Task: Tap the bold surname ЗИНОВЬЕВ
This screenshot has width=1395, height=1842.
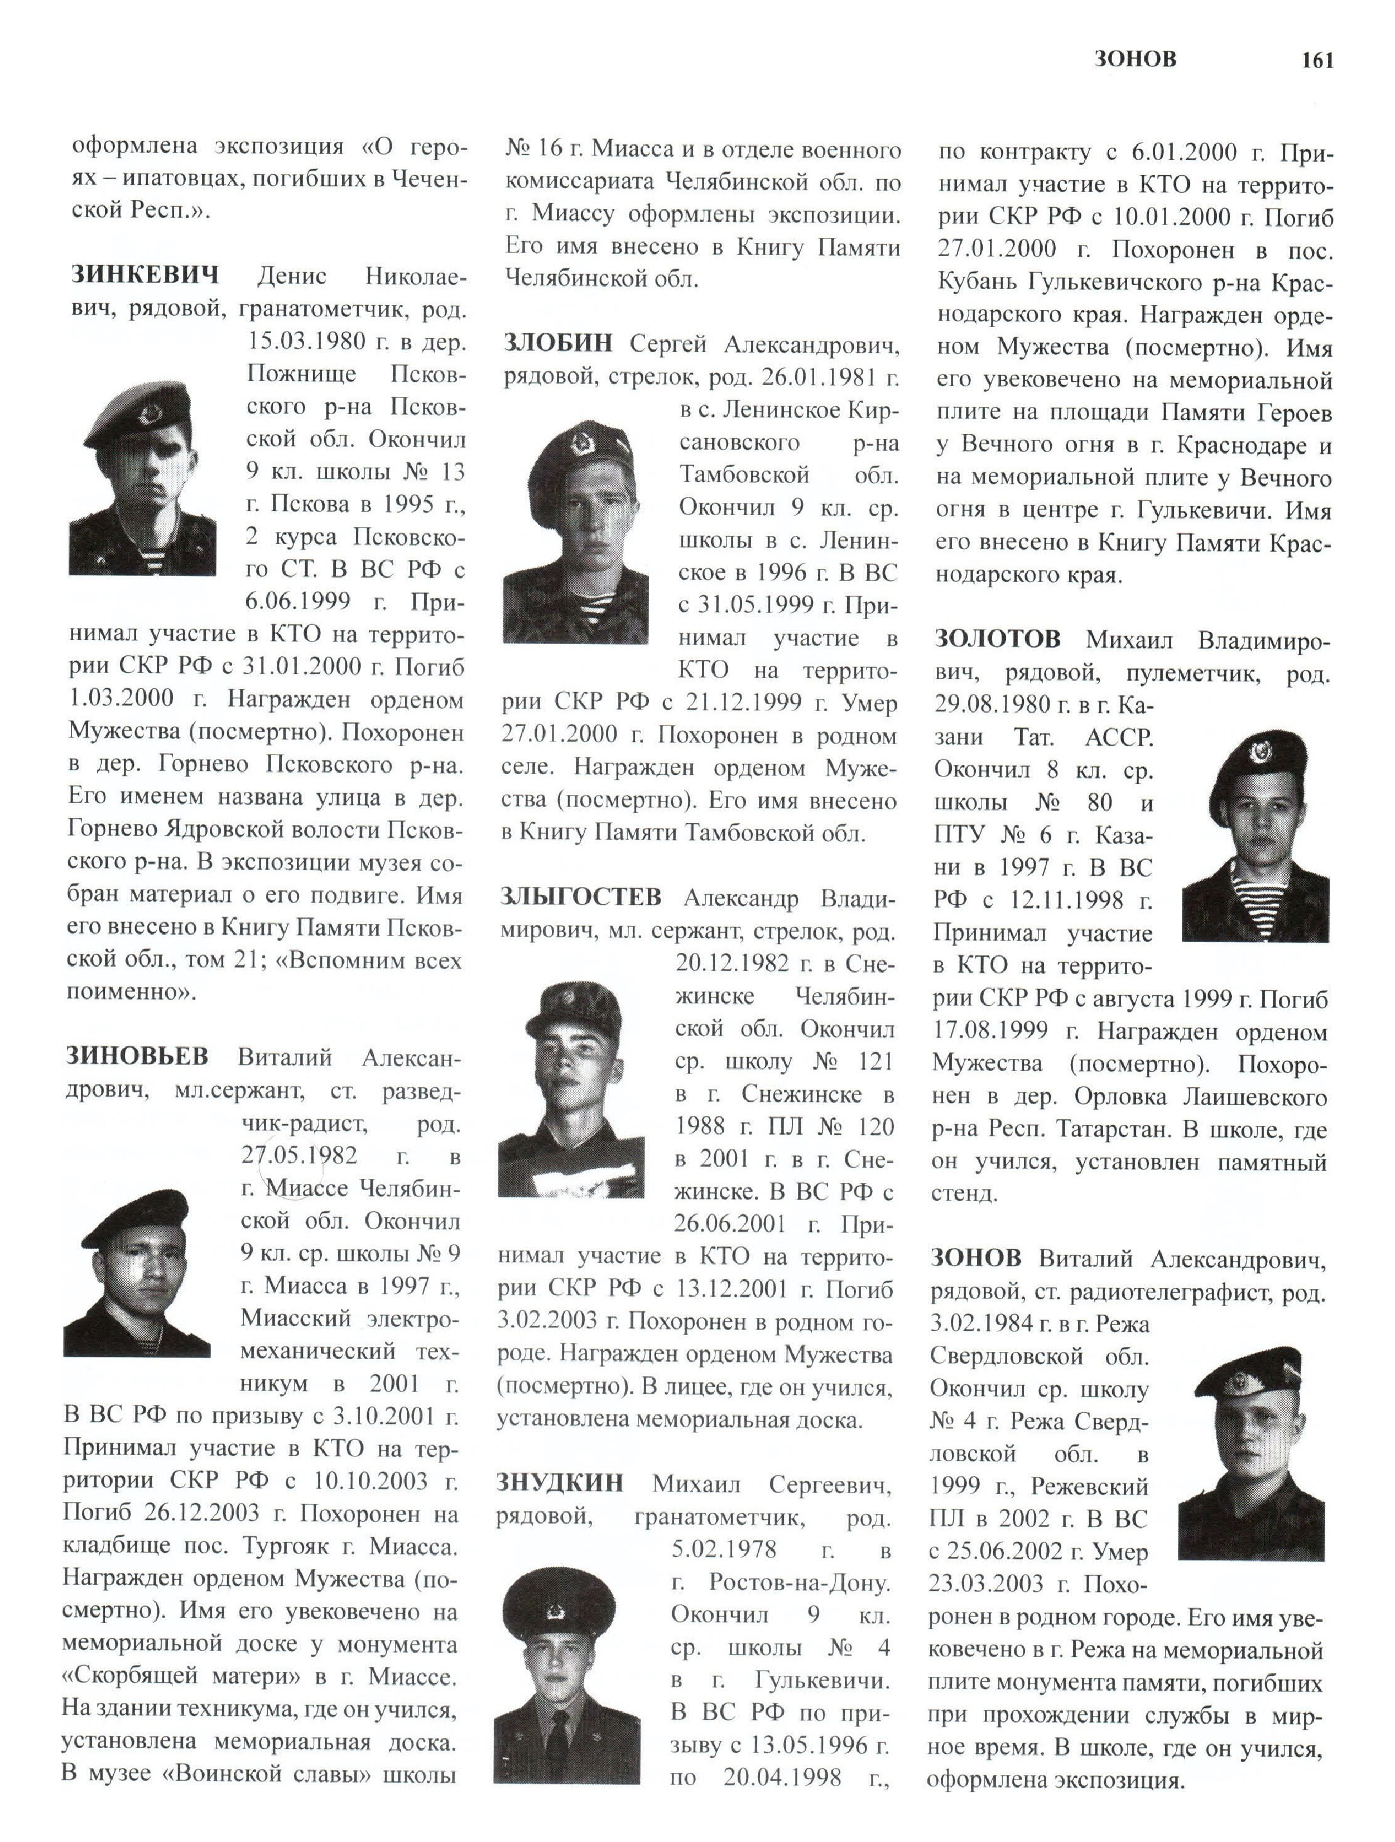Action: [137, 1056]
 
